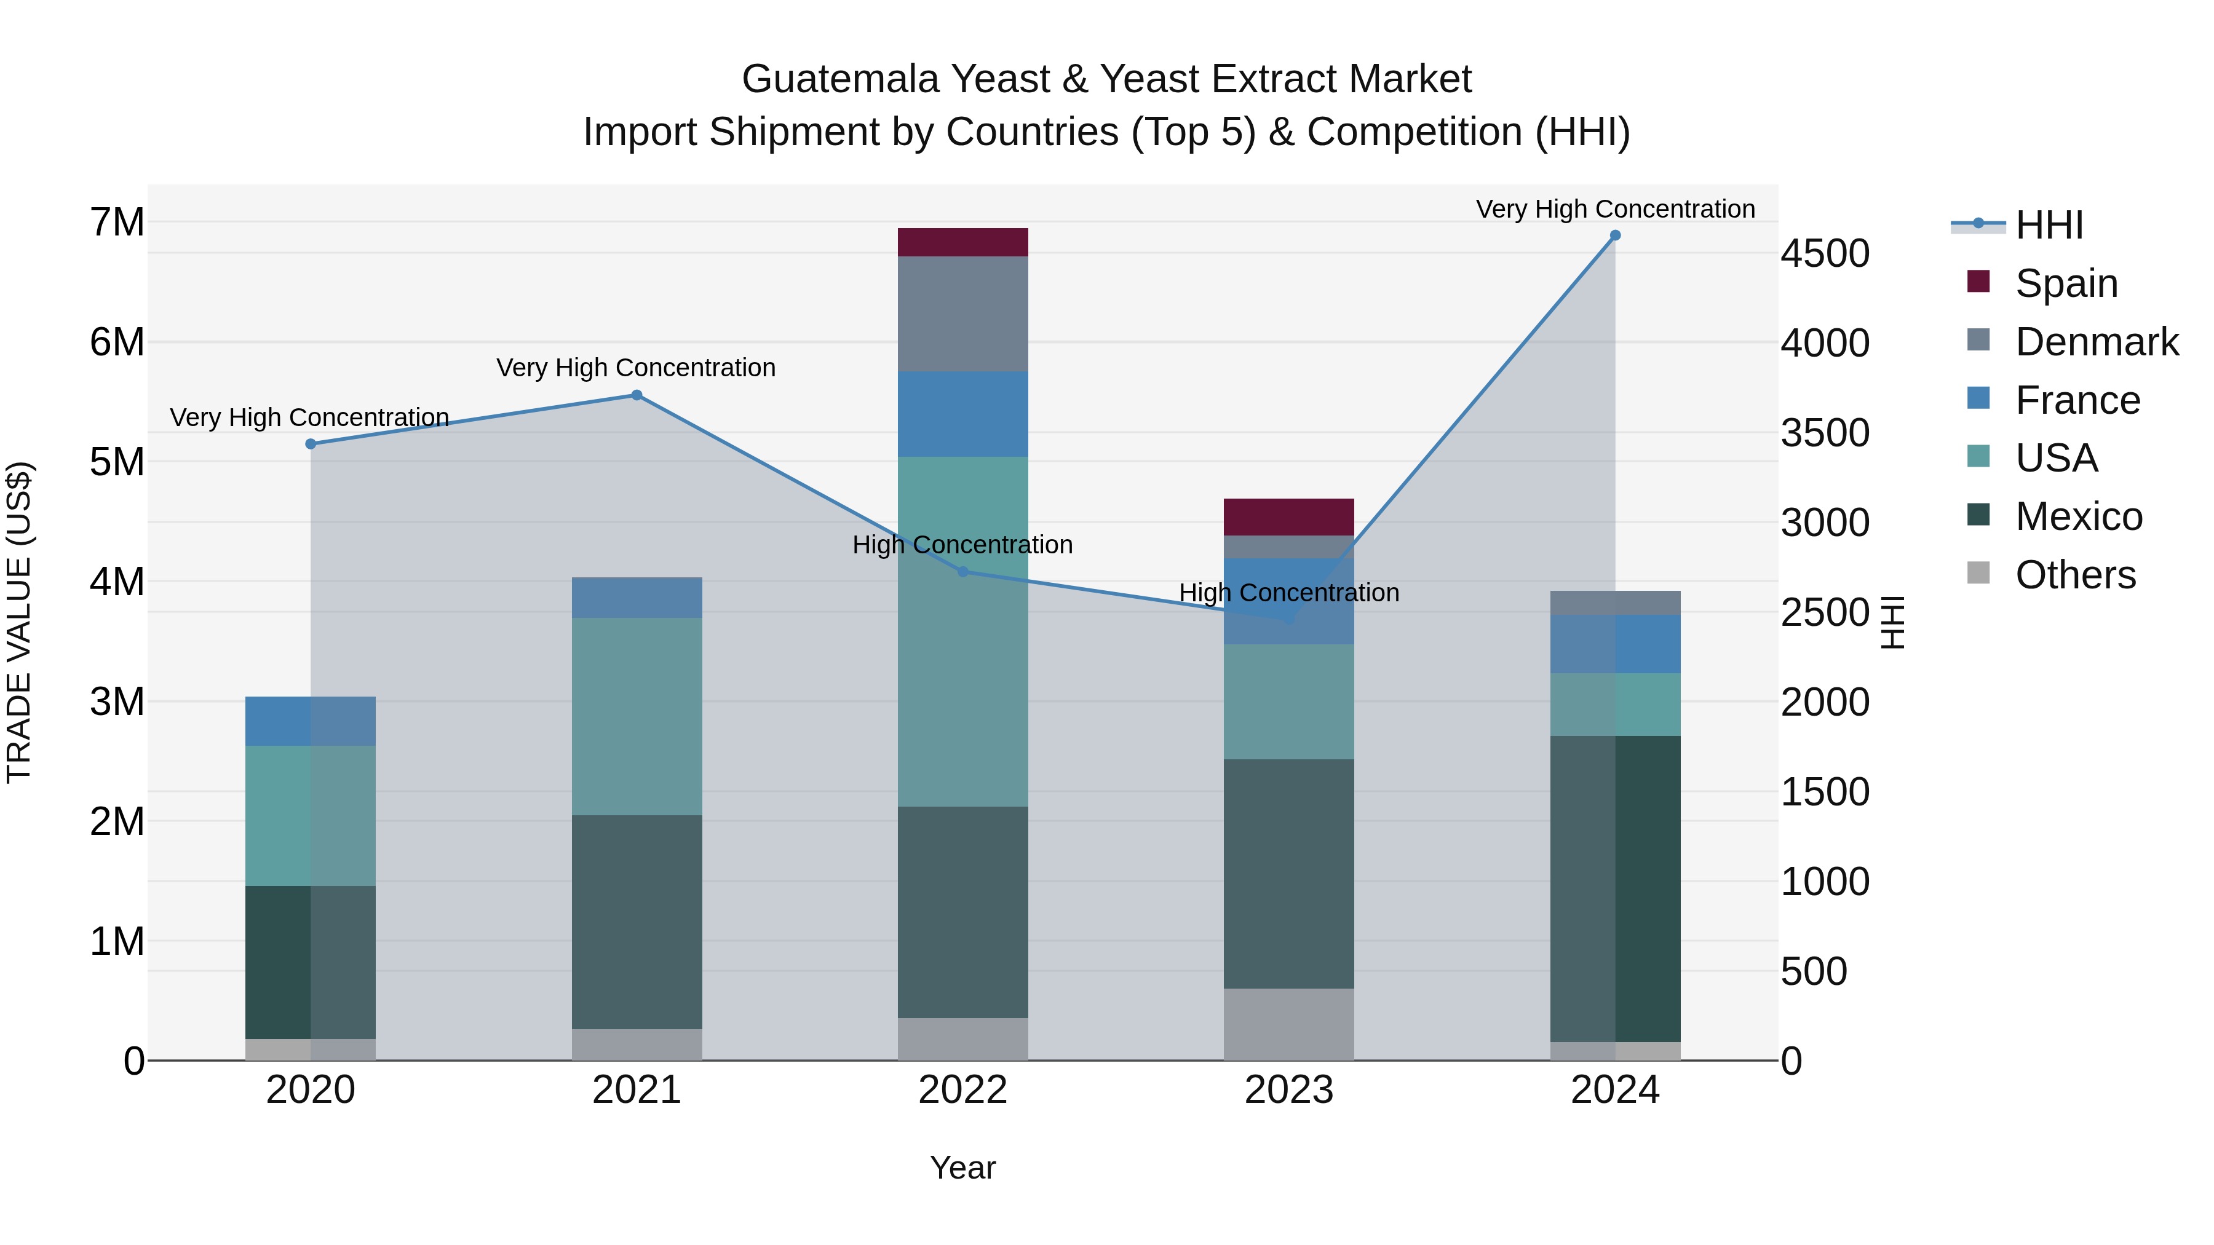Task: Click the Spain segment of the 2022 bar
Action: (962, 242)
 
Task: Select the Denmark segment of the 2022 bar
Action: (962, 314)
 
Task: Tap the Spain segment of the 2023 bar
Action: (1288, 516)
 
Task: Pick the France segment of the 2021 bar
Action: (637, 597)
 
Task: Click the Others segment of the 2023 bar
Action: (1288, 1024)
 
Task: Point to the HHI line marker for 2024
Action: (1615, 235)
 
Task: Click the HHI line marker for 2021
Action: (637, 395)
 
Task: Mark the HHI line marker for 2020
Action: (311, 445)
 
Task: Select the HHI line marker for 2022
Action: (962, 571)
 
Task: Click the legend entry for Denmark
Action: (2097, 342)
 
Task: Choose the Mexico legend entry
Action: (2078, 516)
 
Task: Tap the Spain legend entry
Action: (2066, 283)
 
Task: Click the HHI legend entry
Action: (2049, 225)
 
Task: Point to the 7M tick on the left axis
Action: (117, 223)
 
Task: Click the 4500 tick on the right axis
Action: (1824, 253)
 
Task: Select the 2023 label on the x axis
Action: (1288, 1090)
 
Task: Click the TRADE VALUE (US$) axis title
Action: (20, 622)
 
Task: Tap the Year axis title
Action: (962, 1168)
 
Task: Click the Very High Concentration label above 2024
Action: (1615, 209)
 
